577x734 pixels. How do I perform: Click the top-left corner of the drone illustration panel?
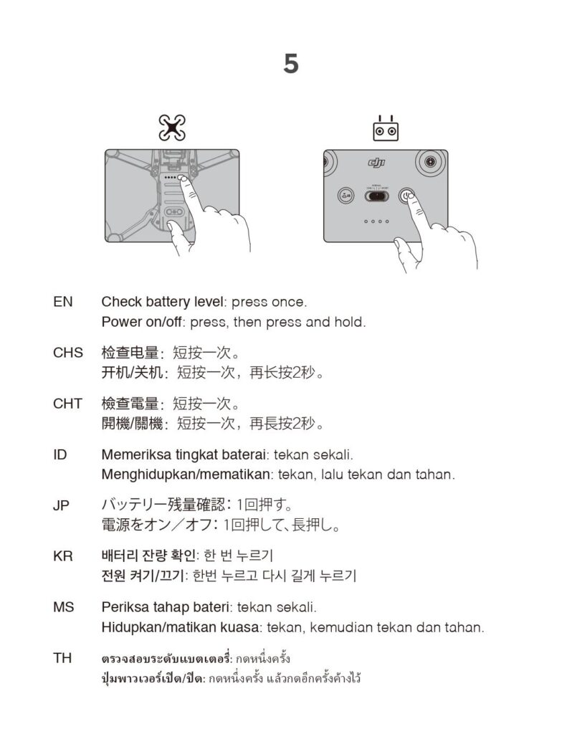tap(105, 150)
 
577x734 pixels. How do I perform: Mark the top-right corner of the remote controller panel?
tap(448, 151)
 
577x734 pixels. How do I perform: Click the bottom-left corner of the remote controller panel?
tap(324, 242)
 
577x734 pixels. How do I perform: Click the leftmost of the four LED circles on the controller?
tap(366, 221)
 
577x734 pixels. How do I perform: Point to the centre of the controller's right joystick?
tap(430, 162)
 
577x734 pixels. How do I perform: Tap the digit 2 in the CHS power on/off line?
tap(297, 373)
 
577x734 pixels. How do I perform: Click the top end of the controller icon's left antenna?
tap(380, 115)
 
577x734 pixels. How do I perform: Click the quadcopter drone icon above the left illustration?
tap(172, 128)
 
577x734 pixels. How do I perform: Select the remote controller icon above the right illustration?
tap(386, 128)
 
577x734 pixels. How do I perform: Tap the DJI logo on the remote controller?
tap(377, 163)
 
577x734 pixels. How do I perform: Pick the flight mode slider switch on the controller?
tap(377, 196)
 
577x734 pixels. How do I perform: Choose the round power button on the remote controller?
tap(406, 196)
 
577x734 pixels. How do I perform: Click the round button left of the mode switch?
tap(345, 196)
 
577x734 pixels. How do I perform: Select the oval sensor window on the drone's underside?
tap(173, 212)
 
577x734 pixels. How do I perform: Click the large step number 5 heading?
tap(290, 64)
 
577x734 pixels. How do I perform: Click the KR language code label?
tap(62, 556)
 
